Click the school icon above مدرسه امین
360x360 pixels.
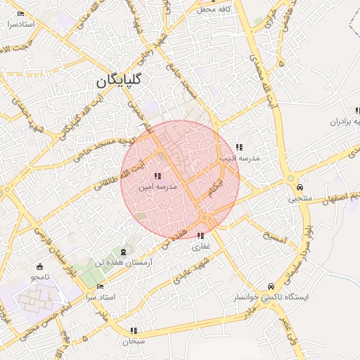coord(157,176)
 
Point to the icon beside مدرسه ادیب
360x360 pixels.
coord(239,147)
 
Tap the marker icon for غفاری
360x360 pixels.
coord(201,236)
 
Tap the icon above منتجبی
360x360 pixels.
coord(300,188)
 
